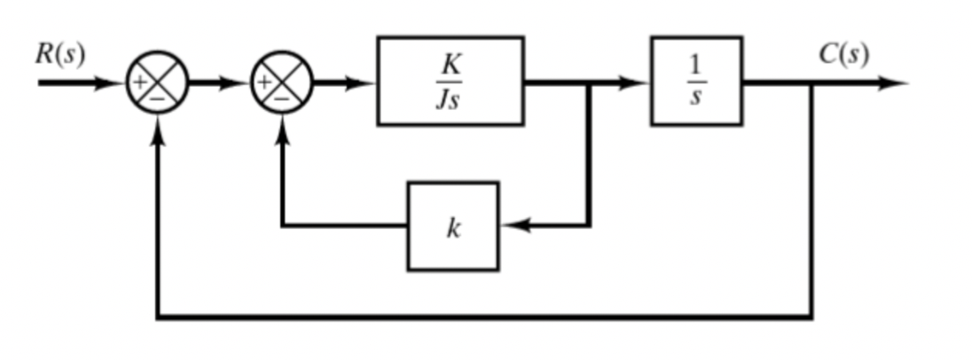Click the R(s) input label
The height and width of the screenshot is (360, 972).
click(60, 55)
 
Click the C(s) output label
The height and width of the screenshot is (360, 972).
click(843, 55)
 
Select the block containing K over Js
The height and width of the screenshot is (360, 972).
click(451, 82)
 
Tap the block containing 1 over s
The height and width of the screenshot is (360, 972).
click(696, 82)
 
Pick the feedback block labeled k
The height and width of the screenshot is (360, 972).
click(453, 226)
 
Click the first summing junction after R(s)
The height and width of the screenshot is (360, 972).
click(157, 83)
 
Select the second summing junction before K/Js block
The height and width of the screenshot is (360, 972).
click(282, 83)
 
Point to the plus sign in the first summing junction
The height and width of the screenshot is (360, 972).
click(140, 82)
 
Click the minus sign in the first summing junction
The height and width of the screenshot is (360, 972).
click(157, 98)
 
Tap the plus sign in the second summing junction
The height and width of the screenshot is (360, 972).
click(264, 82)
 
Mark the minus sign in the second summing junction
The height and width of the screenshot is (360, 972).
click(282, 98)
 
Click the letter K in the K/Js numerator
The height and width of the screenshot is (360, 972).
click(451, 66)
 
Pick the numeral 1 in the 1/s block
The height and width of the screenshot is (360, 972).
click(696, 66)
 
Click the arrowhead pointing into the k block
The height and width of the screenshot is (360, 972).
click(513, 226)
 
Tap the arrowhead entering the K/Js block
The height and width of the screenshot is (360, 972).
click(362, 83)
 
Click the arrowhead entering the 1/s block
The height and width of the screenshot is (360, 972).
click(637, 83)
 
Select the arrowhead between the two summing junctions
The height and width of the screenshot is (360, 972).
click(237, 83)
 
